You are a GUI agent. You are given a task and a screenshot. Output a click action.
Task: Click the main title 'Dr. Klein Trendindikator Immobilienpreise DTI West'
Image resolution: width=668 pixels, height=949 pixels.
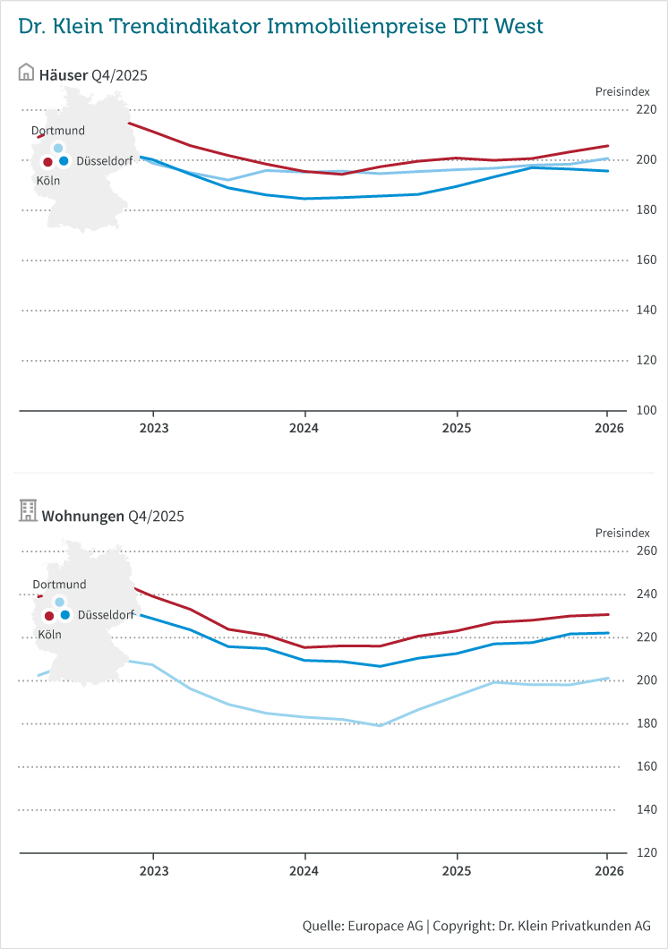click(280, 27)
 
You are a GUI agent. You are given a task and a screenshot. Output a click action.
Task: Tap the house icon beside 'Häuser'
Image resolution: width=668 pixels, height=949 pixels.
click(26, 73)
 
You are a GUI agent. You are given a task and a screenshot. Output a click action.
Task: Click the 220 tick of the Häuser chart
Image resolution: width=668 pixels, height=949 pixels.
click(647, 110)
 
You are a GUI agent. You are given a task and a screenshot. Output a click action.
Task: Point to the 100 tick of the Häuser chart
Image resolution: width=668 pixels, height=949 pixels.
click(647, 411)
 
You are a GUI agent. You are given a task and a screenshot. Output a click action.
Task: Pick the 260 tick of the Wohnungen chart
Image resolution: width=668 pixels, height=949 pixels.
click(647, 551)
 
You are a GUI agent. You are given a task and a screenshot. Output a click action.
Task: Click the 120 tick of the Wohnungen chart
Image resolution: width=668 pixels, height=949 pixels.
click(647, 852)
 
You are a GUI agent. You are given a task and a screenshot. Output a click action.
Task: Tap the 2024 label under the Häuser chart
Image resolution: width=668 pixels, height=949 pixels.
click(304, 428)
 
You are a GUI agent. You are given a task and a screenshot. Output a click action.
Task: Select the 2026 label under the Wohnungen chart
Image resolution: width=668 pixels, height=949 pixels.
click(609, 869)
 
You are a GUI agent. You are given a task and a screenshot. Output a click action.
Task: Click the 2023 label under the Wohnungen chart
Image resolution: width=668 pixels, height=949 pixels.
click(153, 869)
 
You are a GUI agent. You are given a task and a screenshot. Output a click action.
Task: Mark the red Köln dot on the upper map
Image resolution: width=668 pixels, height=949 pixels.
click(47, 162)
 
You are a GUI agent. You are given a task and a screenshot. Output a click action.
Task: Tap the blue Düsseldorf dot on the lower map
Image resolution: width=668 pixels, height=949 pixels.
click(65, 615)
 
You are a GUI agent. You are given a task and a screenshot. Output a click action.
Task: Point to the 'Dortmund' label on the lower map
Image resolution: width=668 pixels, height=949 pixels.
click(59, 585)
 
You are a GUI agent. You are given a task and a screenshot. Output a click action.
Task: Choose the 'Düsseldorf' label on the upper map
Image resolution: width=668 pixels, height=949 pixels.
click(105, 161)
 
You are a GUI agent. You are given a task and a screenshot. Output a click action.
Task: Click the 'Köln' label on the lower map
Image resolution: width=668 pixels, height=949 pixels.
click(49, 634)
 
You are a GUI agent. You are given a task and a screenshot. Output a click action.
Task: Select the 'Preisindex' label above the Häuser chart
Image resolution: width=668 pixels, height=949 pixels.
click(622, 91)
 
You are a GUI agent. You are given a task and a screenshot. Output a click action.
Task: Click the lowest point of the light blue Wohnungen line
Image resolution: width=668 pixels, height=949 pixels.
click(381, 725)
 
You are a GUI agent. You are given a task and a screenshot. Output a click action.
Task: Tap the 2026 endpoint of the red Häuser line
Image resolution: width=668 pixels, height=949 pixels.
click(608, 146)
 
